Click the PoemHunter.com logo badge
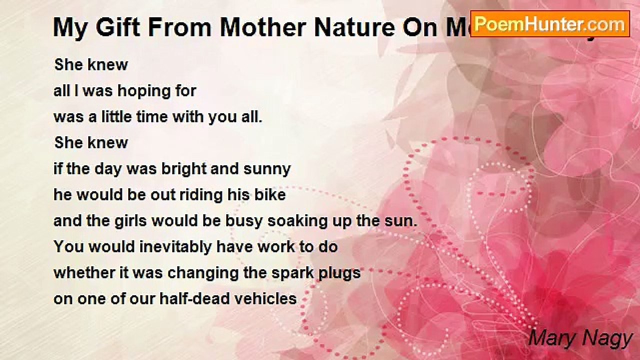(549, 23)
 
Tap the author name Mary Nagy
(580, 338)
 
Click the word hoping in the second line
(140, 91)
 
